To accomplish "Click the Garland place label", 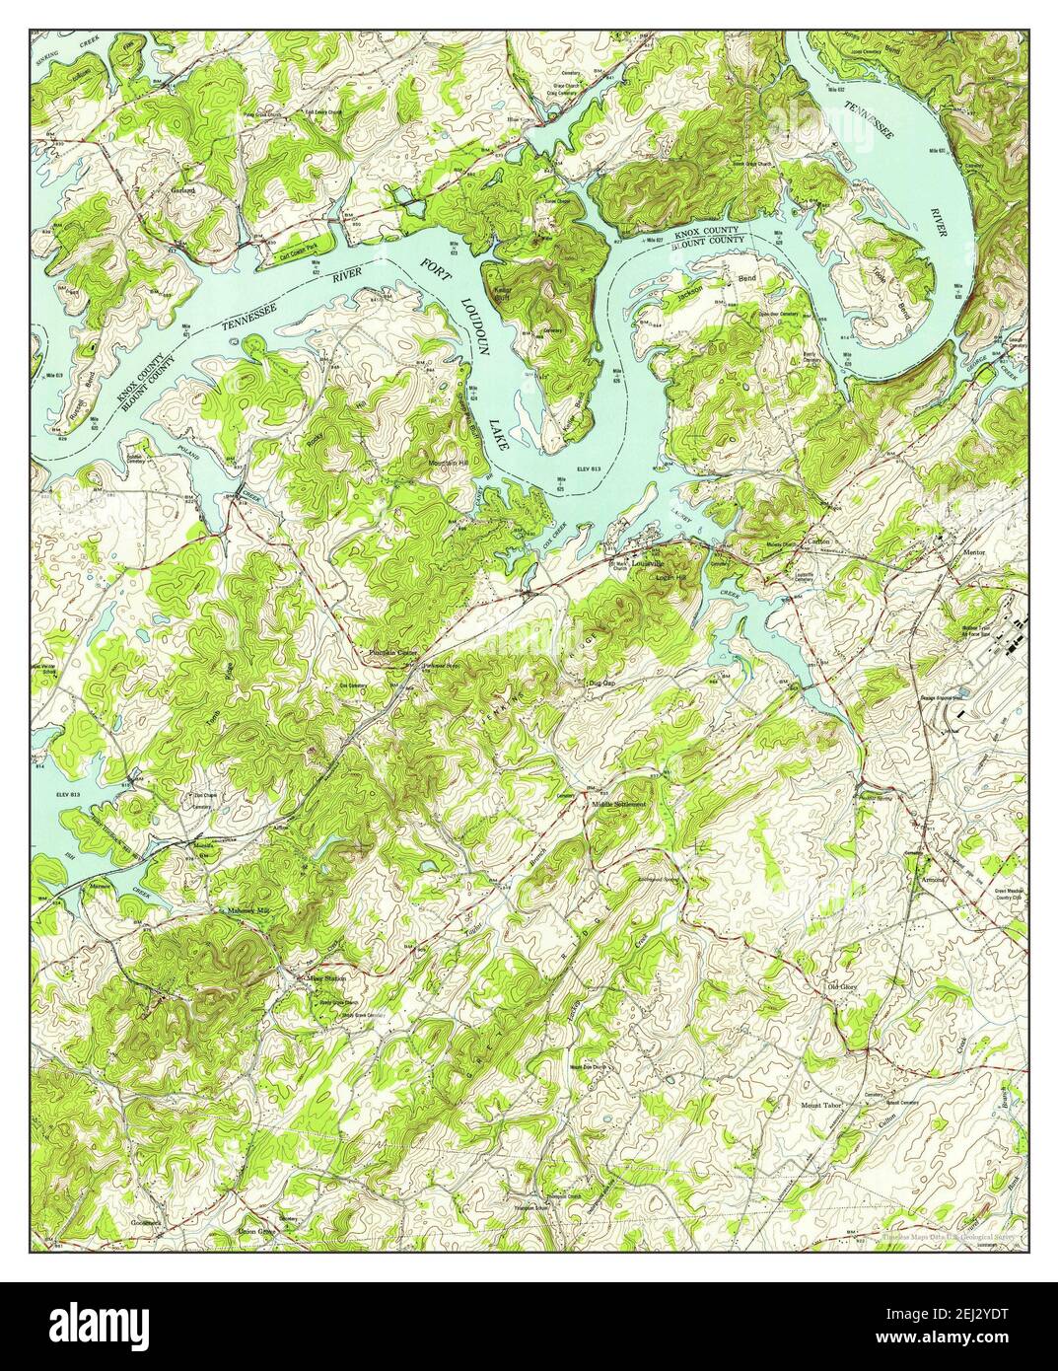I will tap(180, 188).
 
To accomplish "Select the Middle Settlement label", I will tap(618, 805).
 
